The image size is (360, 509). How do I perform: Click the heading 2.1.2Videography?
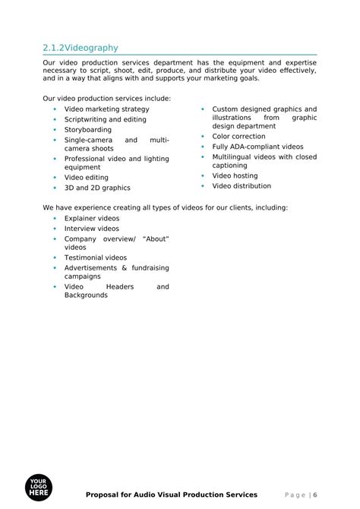click(x=81, y=48)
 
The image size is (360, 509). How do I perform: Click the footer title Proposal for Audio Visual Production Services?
click(x=172, y=495)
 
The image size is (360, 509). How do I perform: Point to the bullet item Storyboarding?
click(x=87, y=130)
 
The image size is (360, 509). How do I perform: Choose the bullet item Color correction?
click(x=238, y=137)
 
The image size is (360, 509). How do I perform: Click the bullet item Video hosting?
click(x=235, y=175)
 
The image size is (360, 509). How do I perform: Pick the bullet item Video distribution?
click(x=241, y=185)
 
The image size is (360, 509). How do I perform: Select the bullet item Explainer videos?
click(x=91, y=218)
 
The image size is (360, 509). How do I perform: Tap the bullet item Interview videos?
click(x=91, y=228)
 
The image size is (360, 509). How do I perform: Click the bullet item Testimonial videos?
click(x=95, y=258)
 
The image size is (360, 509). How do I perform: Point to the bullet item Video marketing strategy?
click(x=106, y=109)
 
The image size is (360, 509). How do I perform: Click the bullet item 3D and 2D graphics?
click(x=96, y=188)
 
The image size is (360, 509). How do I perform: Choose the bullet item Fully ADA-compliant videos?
click(x=257, y=147)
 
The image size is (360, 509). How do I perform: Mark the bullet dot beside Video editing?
click(x=55, y=178)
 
